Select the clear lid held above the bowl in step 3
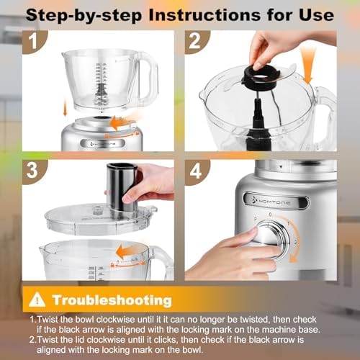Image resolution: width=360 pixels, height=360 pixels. (101, 217)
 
